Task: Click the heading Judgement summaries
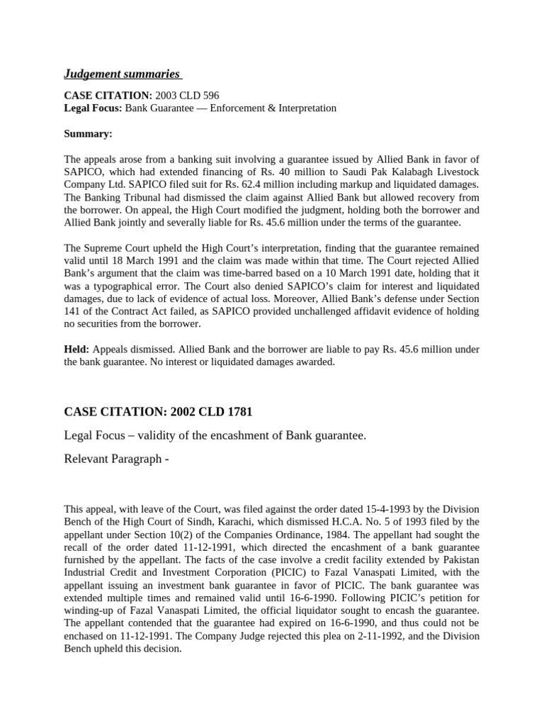(x=122, y=73)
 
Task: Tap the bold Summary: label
(x=89, y=133)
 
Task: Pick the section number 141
(x=74, y=311)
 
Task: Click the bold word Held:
(x=76, y=350)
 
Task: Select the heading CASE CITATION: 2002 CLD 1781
(x=158, y=412)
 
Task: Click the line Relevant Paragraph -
(x=117, y=458)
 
